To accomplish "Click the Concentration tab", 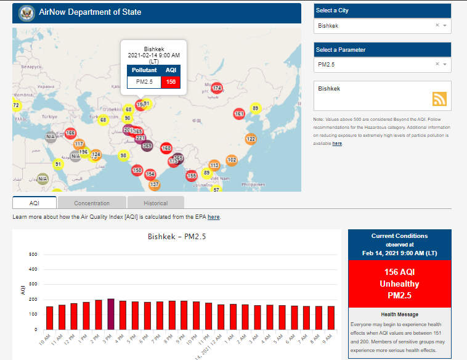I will click(x=92, y=203).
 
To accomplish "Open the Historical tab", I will click(x=156, y=203).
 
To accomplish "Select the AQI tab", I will click(x=35, y=203).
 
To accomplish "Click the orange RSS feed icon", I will click(x=439, y=99).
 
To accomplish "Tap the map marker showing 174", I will click(x=217, y=89).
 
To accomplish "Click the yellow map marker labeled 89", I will click(x=255, y=108).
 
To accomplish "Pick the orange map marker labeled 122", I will click(x=251, y=139).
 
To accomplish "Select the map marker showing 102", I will click(x=232, y=160).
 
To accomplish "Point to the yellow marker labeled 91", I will click(x=58, y=165).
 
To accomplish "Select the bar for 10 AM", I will click(x=50, y=317).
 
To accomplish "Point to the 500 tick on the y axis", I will click(x=33, y=254).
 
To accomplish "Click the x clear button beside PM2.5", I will click(x=437, y=64).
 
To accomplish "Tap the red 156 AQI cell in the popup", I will click(x=171, y=82).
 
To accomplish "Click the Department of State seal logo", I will click(x=26, y=12).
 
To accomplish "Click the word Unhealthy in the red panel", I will click(x=399, y=284).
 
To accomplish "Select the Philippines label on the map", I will click(x=253, y=184).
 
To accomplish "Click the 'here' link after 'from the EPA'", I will click(x=213, y=217).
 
